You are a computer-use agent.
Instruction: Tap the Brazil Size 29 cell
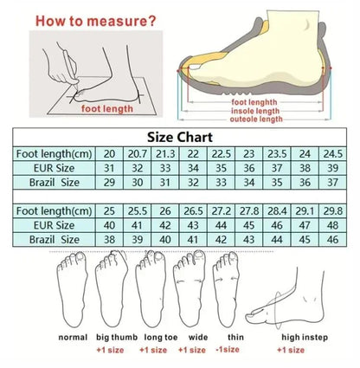110,183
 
